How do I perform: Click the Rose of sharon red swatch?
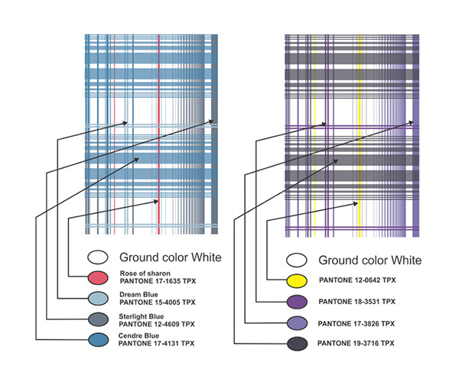[x=98, y=277]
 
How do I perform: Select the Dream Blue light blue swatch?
[x=98, y=298]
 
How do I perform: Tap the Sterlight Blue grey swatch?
[x=98, y=319]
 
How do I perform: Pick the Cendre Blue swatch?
[x=98, y=340]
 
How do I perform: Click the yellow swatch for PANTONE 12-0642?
[x=297, y=281]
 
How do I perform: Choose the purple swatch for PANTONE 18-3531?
[x=297, y=302]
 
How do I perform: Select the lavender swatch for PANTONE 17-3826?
[x=297, y=323]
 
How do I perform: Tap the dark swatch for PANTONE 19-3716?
[x=297, y=344]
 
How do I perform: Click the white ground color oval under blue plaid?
[x=98, y=257]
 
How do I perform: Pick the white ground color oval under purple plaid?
[x=297, y=260]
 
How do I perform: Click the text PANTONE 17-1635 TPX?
[x=158, y=281]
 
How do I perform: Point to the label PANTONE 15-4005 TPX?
[x=158, y=302]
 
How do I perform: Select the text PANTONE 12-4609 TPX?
[x=157, y=324]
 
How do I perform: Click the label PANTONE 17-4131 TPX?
[x=157, y=343]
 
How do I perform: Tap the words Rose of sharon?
[x=145, y=274]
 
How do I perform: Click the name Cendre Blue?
[x=138, y=335]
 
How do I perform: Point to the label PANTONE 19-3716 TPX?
[x=356, y=343]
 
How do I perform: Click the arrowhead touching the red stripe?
[x=156, y=202]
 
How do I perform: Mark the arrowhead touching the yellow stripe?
[x=355, y=204]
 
